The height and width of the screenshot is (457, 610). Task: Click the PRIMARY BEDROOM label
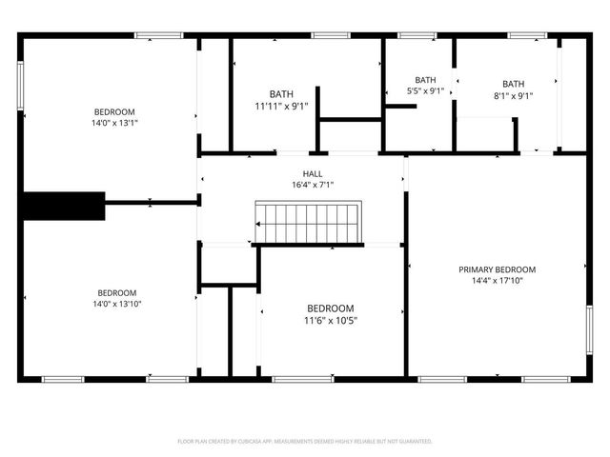click(x=497, y=269)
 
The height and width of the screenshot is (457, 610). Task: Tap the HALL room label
click(x=313, y=173)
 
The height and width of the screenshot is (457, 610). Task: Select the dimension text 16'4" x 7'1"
click(x=313, y=185)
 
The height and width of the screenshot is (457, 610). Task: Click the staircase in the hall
click(x=308, y=223)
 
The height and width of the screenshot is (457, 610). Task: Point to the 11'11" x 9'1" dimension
click(x=281, y=106)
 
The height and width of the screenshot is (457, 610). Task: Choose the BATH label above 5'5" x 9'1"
click(x=425, y=80)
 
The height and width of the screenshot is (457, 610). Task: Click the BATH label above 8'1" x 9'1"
click(x=513, y=84)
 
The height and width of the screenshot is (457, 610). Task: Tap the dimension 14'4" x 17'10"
click(x=497, y=281)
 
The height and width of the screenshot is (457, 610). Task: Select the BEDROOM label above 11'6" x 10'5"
click(x=330, y=308)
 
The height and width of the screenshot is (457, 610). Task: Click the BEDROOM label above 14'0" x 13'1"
click(x=113, y=111)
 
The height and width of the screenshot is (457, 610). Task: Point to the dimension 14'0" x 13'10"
click(x=116, y=304)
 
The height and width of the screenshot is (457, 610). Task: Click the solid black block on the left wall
click(x=63, y=206)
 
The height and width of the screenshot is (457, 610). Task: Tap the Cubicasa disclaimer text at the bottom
click(x=305, y=442)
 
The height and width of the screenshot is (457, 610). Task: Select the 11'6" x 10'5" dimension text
click(x=330, y=321)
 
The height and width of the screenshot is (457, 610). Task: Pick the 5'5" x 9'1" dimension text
click(x=425, y=91)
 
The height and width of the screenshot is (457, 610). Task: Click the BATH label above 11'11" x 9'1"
click(x=281, y=93)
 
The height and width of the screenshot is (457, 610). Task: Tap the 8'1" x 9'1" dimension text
click(x=513, y=95)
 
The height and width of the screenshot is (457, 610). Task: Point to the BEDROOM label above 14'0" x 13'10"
click(x=116, y=292)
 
